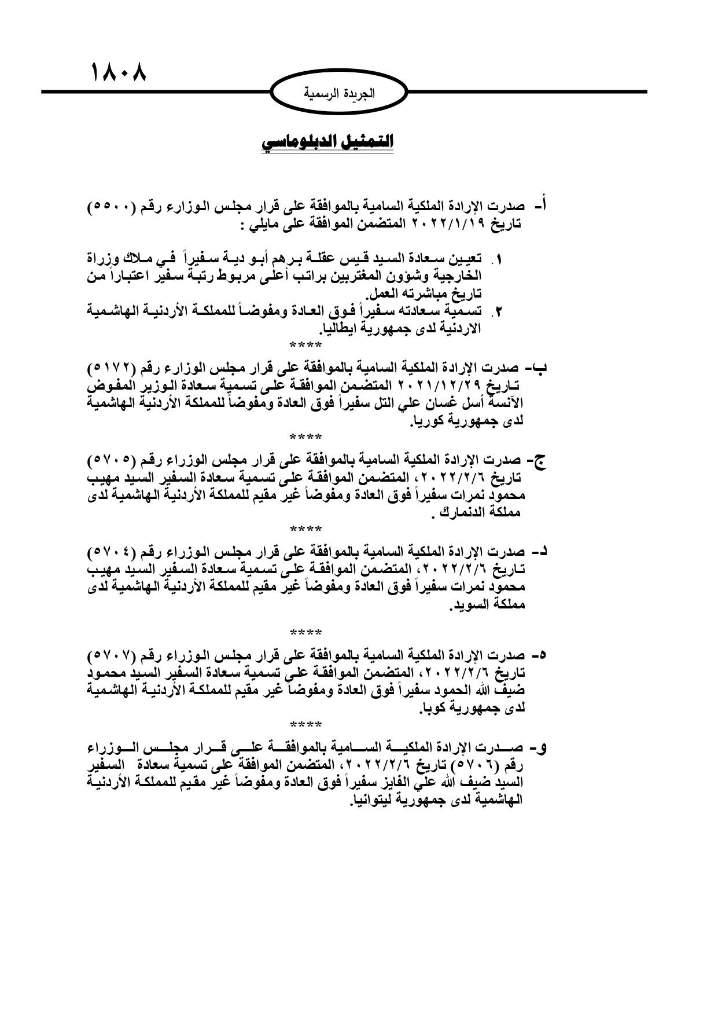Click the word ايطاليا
[340, 329]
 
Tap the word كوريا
[429, 421]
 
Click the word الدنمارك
[466, 512]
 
